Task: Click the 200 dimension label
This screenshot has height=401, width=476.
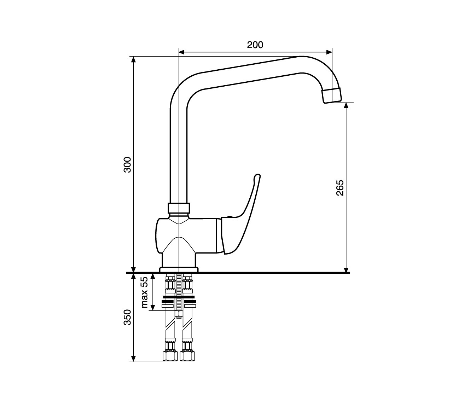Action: point(255,45)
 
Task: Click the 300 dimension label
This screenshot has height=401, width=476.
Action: point(127,164)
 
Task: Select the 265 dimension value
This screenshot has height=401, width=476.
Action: point(340,188)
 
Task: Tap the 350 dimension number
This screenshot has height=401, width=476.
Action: point(127,317)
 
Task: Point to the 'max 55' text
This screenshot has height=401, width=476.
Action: point(145,292)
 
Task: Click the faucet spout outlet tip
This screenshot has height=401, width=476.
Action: point(332,96)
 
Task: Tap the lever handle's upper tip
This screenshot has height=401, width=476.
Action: point(257,175)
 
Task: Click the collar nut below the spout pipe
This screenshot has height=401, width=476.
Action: point(179,208)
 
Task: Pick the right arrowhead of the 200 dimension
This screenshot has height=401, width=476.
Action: point(329,52)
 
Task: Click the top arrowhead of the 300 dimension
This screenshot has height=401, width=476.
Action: point(134,59)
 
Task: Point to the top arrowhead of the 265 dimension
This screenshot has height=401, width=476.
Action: point(346,105)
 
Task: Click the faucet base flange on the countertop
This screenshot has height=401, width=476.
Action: point(179,270)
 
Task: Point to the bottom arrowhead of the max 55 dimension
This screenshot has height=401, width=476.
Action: point(153,307)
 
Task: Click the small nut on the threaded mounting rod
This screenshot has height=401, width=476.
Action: point(179,314)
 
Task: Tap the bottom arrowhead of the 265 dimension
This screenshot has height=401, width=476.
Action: point(346,269)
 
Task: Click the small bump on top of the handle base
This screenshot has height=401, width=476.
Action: point(230,217)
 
